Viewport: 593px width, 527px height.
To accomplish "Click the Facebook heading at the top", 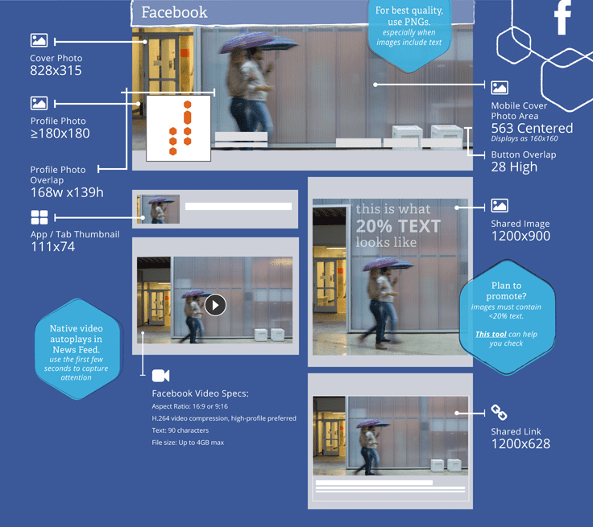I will click(174, 12).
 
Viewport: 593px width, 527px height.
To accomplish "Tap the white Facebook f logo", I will click(562, 18).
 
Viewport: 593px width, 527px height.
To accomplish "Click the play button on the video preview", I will click(215, 305).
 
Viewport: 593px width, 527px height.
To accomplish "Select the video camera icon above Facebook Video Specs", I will click(160, 375).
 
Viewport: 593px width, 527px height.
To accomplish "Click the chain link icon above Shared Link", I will click(500, 413).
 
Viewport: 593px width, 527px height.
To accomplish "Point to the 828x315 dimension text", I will click(56, 71).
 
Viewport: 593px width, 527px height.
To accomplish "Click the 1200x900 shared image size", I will click(520, 237).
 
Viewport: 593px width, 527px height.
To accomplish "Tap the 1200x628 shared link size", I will click(520, 443).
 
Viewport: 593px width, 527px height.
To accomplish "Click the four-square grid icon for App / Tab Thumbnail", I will click(39, 217).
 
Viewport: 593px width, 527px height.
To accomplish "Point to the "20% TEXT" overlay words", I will click(398, 226).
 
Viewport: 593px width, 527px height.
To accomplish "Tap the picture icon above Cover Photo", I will click(39, 40).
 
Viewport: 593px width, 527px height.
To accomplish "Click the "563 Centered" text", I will click(532, 129).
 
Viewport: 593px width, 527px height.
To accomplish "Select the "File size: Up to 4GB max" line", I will click(199, 443).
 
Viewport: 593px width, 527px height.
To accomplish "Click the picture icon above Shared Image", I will click(500, 206).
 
